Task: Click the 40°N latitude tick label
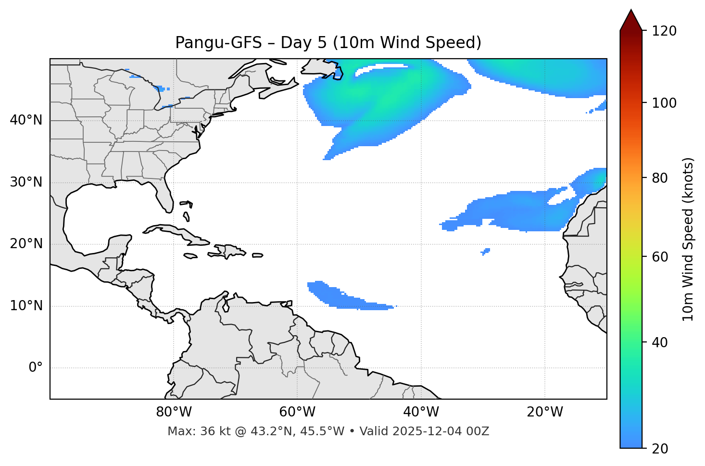click(x=26, y=120)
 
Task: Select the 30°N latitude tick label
click(x=26, y=182)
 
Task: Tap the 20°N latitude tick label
click(x=26, y=244)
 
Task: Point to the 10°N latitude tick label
click(x=26, y=306)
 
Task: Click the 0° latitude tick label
click(x=36, y=368)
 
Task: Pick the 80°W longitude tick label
click(x=174, y=412)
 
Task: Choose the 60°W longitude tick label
click(x=297, y=412)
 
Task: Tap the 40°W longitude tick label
click(x=421, y=412)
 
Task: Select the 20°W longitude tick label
click(x=545, y=412)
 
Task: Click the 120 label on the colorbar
click(x=664, y=31)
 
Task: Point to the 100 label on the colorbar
click(x=664, y=103)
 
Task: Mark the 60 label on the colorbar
click(x=661, y=257)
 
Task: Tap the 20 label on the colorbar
click(x=661, y=449)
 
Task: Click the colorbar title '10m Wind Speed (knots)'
click(x=688, y=239)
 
